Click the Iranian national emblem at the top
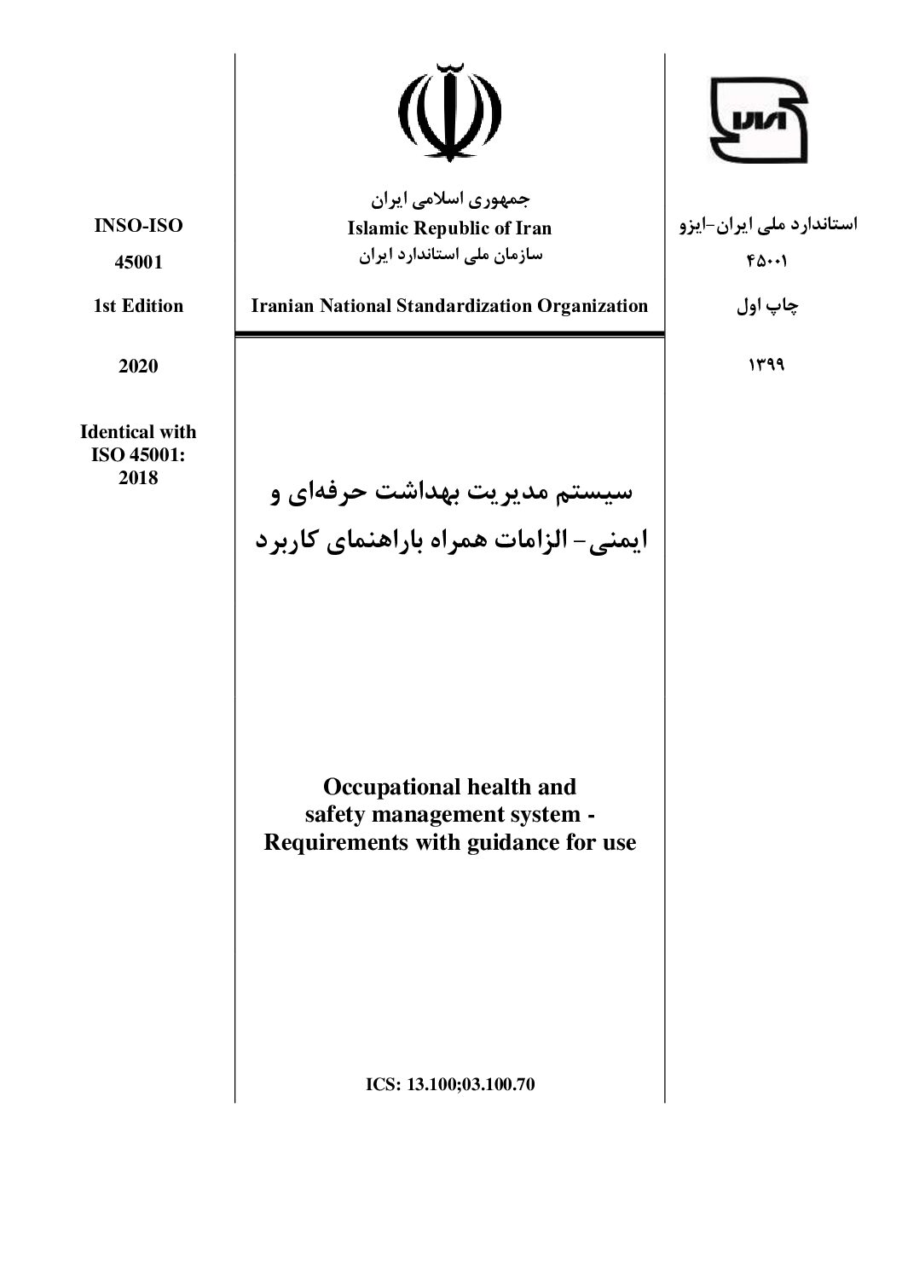pos(449,112)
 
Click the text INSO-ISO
pos(138,226)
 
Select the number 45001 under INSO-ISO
pos(138,262)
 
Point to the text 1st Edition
pos(138,306)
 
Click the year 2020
pos(138,366)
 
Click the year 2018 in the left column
pos(138,477)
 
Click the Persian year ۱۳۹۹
pos(766,366)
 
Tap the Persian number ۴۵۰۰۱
pos(766,263)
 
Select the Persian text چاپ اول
pos(766,307)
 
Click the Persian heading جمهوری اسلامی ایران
pos(449,201)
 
